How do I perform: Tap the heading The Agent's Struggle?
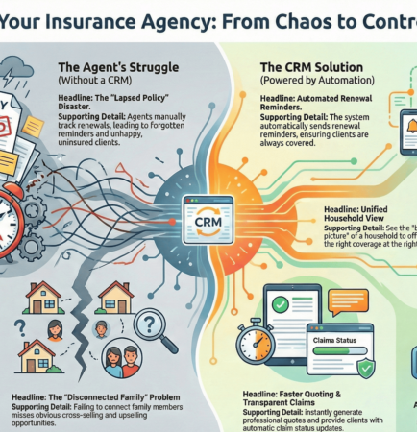click(x=106, y=67)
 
